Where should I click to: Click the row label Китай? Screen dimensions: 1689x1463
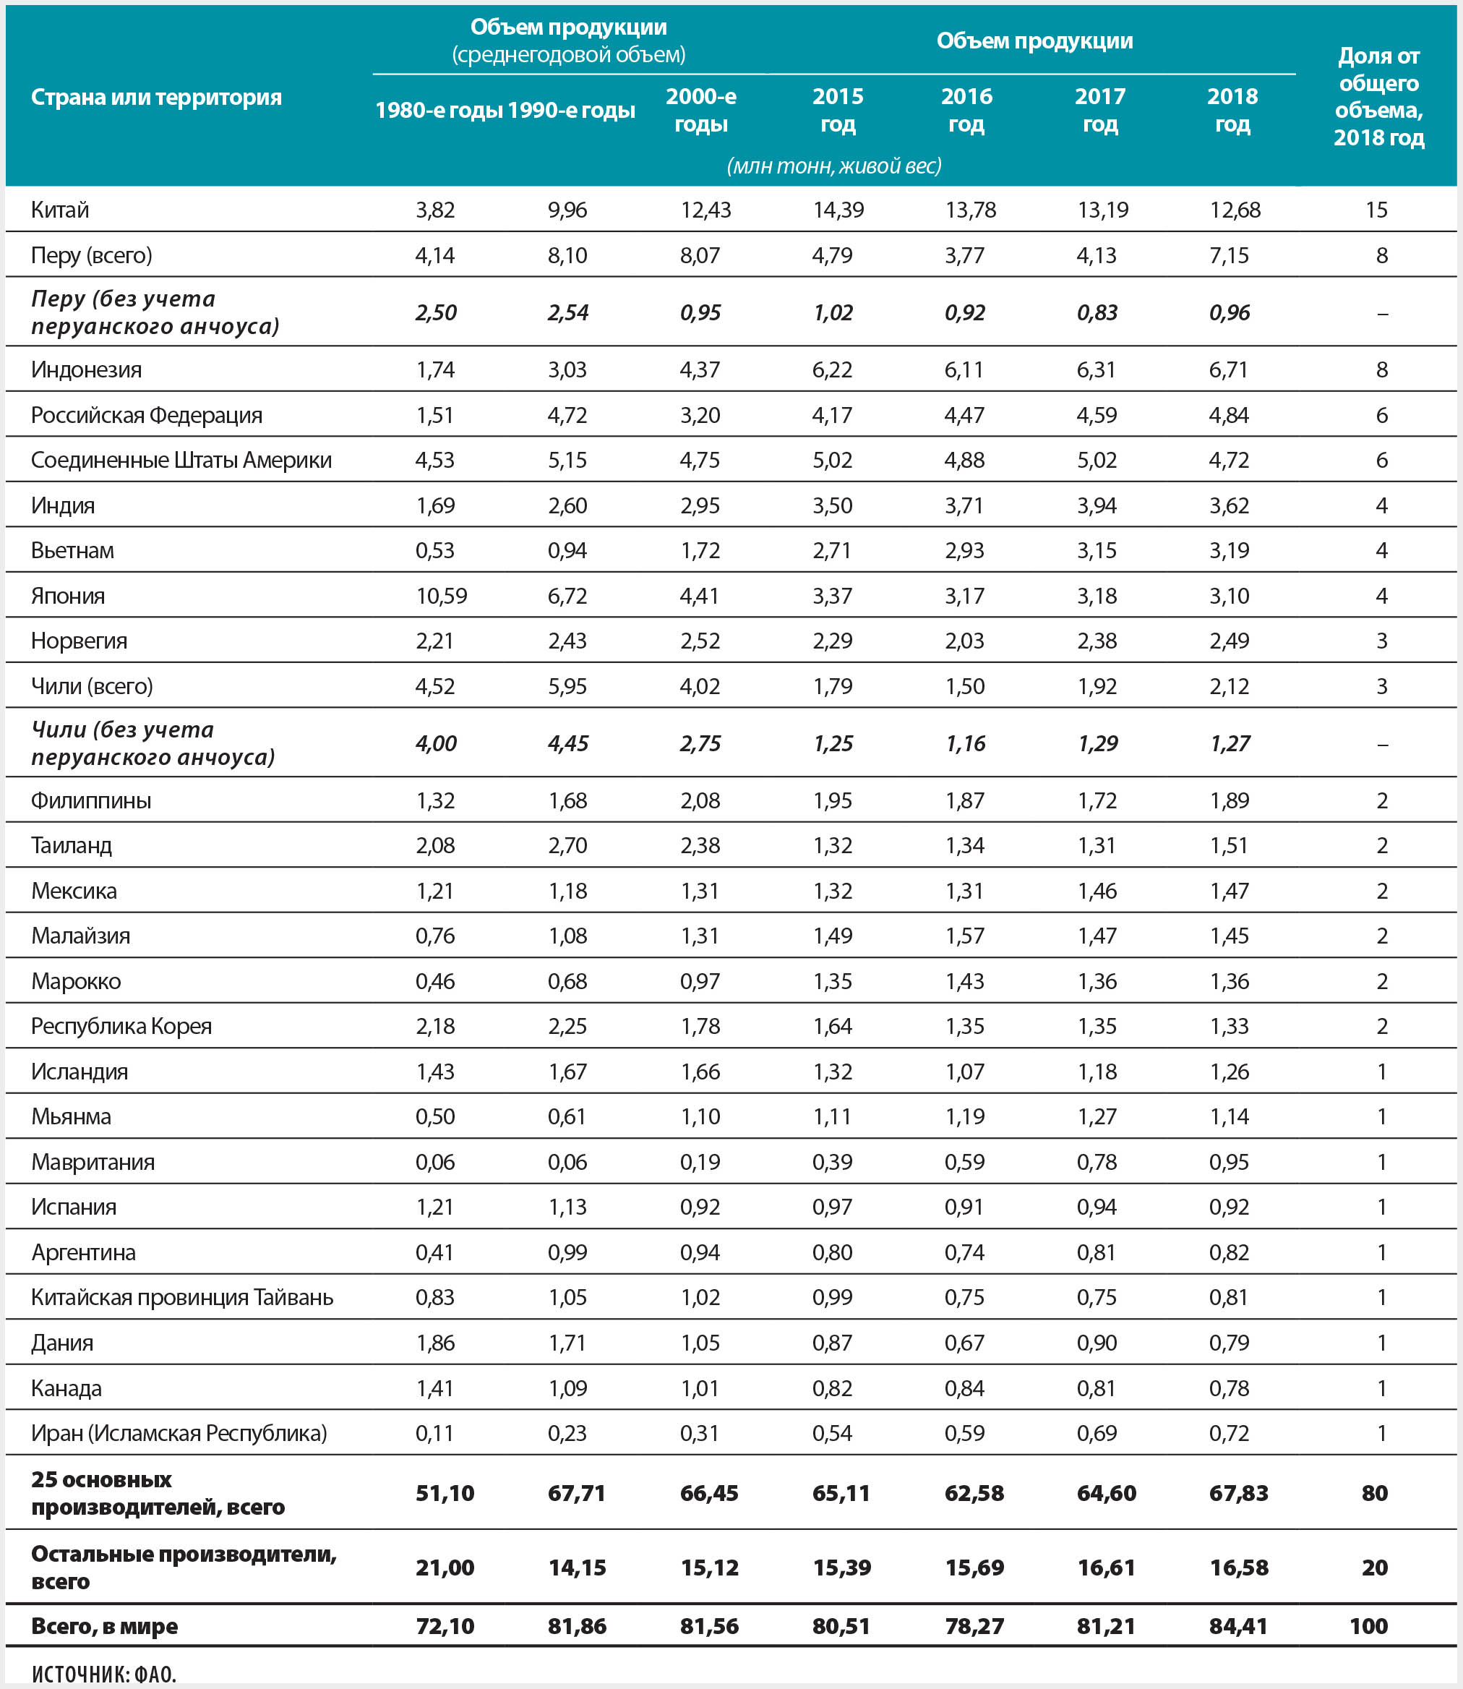tap(59, 210)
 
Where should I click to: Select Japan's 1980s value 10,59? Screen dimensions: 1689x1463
tap(441, 595)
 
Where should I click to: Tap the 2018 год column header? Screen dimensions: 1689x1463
tap(1232, 109)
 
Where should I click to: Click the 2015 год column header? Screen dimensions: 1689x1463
tap(838, 109)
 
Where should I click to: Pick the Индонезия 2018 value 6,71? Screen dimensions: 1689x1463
tap(1229, 369)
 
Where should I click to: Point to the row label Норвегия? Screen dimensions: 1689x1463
tap(80, 641)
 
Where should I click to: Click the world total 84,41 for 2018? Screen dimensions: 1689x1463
tap(1237, 1625)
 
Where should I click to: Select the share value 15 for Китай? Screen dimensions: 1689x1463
tap(1376, 210)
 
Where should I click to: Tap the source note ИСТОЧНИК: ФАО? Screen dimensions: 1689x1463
tap(103, 1674)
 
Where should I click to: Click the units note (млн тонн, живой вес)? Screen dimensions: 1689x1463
tap(833, 166)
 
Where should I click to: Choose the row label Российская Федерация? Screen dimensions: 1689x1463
tap(147, 415)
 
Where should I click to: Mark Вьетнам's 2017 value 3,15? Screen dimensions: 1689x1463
tap(1097, 550)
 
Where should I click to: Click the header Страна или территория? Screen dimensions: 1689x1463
tap(156, 97)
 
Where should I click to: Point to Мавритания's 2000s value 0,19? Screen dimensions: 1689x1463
tap(700, 1161)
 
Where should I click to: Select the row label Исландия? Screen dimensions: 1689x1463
tap(80, 1071)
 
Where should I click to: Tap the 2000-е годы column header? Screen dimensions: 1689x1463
tap(700, 109)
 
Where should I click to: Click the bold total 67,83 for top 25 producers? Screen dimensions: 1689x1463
tap(1238, 1493)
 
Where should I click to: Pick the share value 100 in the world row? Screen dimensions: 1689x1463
tap(1368, 1625)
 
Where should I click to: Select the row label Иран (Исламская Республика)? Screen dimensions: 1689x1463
tap(179, 1432)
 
